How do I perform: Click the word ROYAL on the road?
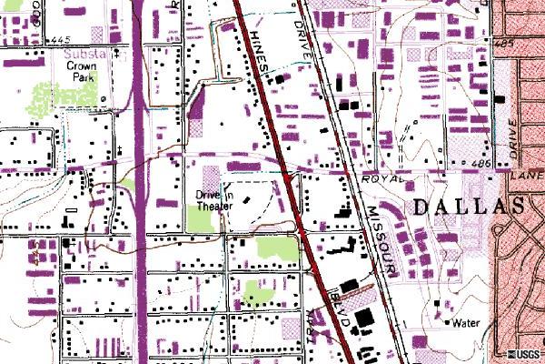[381, 179]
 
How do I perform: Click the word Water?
[466, 322]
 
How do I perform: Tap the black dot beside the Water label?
[448, 321]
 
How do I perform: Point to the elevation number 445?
[61, 40]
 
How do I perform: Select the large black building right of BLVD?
[364, 318]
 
